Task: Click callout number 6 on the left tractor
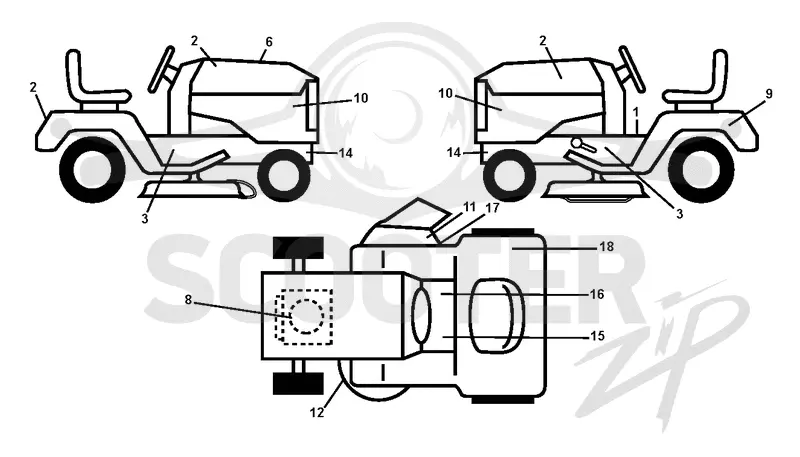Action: [269, 42]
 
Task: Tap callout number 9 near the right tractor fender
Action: [769, 94]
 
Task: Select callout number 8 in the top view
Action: [188, 300]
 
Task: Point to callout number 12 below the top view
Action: [317, 412]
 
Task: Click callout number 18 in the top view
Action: [606, 247]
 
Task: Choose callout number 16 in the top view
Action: [596, 294]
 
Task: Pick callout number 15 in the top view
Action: [596, 336]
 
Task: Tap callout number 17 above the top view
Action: [492, 209]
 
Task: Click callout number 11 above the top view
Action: [469, 207]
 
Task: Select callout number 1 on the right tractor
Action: [636, 112]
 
